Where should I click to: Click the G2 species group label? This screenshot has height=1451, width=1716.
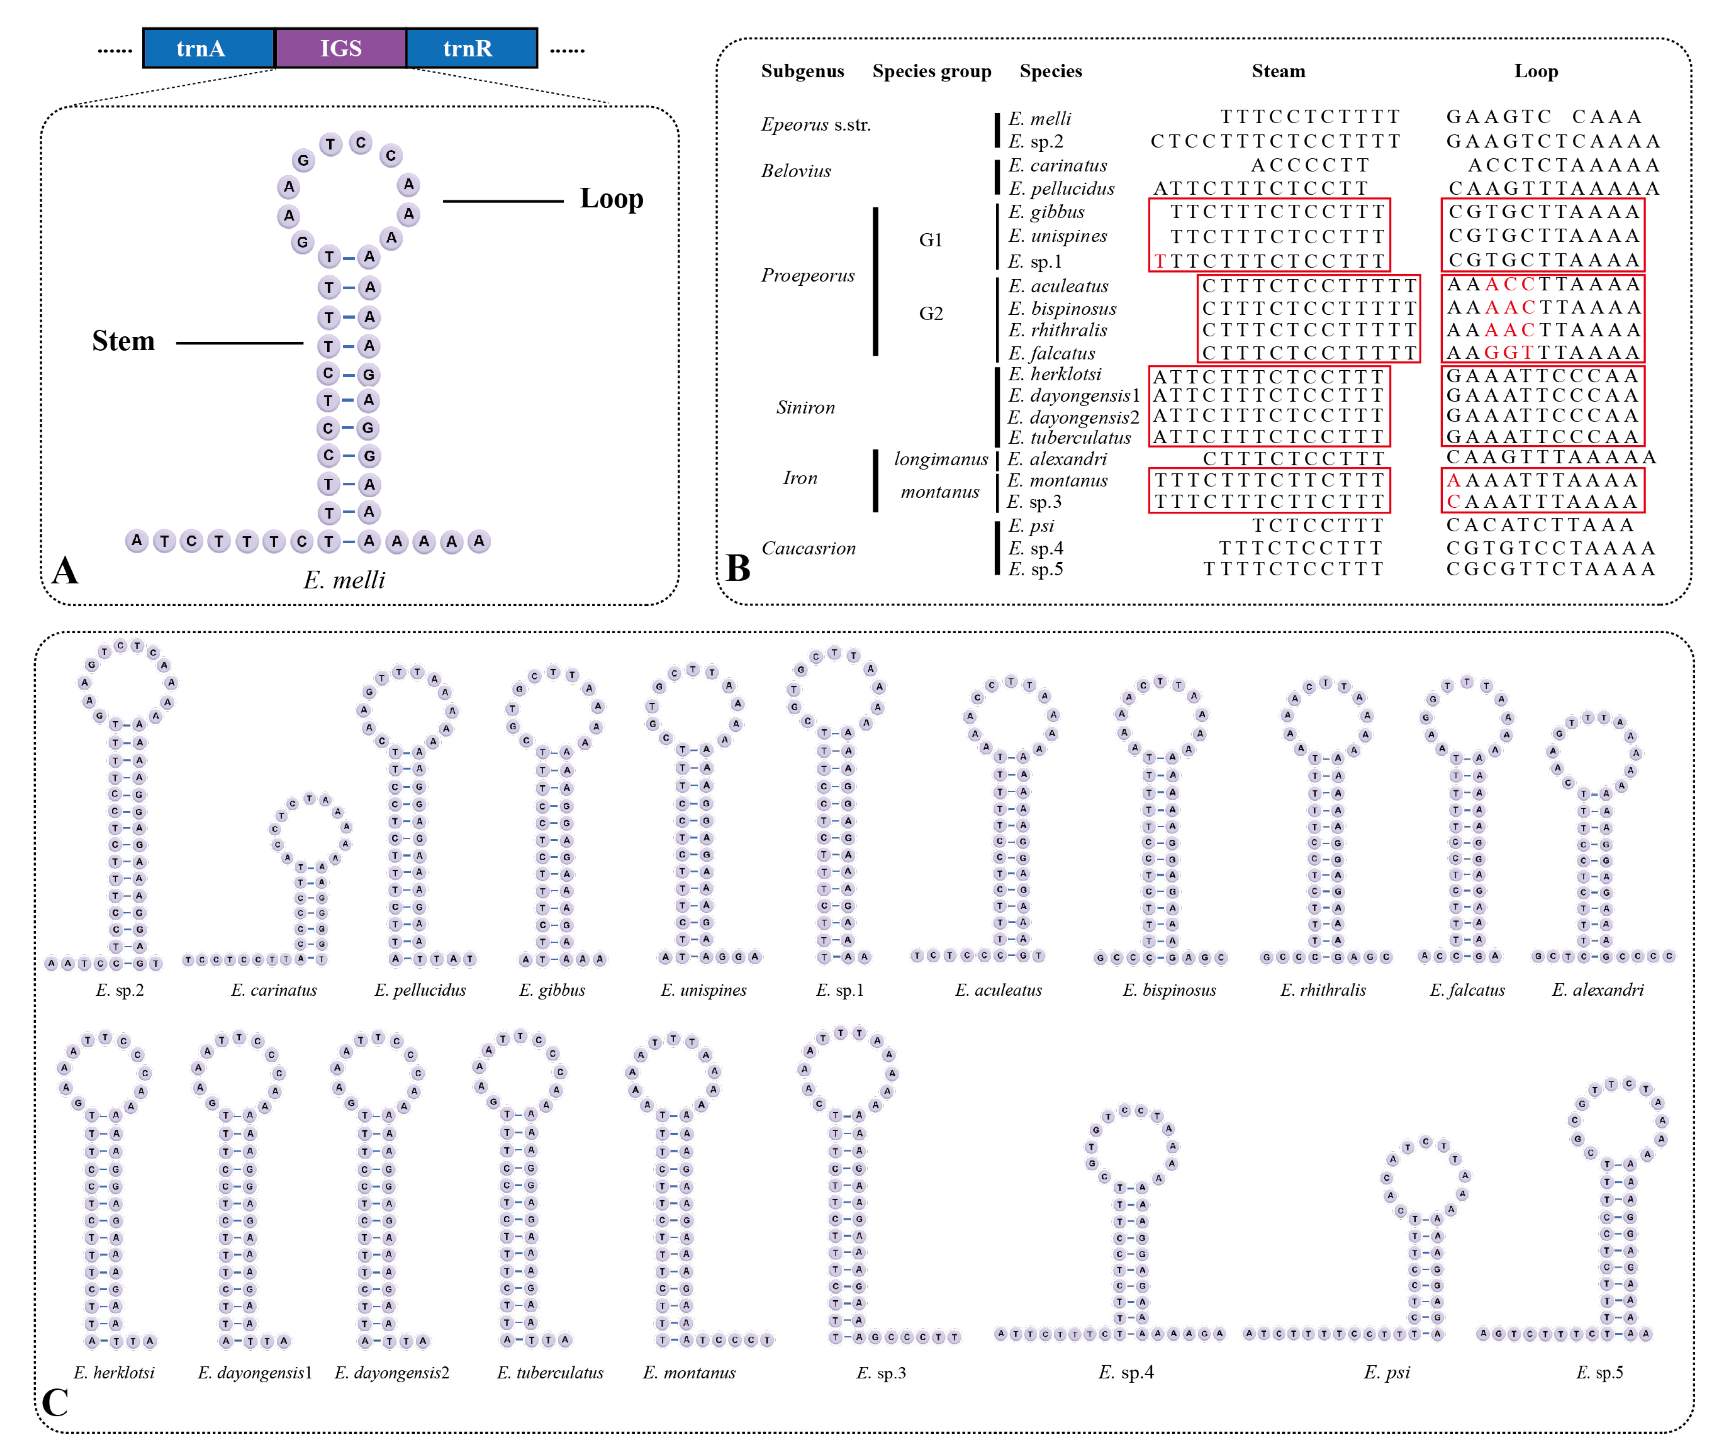[931, 313]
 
